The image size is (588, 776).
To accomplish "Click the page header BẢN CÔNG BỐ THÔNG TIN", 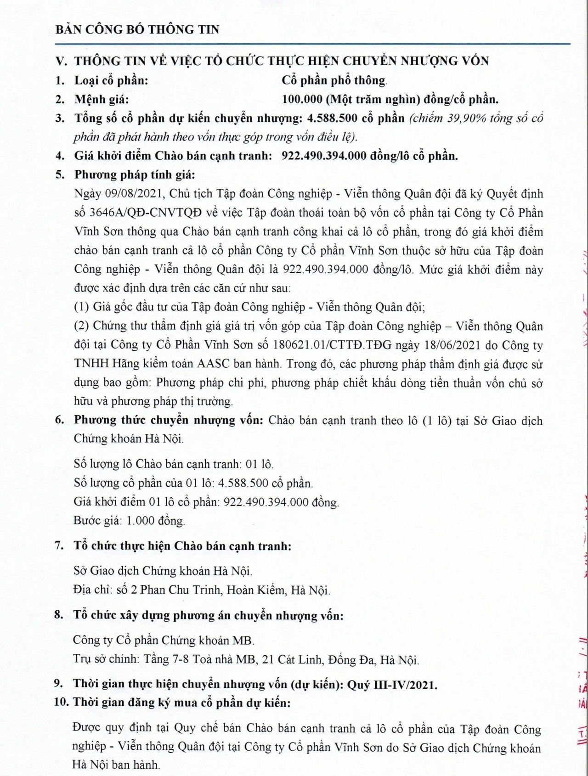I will click(x=137, y=30).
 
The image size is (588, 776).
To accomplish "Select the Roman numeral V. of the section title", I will click(x=62, y=61).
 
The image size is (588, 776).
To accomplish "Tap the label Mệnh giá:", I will click(x=102, y=99).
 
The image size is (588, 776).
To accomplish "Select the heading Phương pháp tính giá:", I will click(x=135, y=175).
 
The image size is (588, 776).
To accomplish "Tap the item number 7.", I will click(x=59, y=546).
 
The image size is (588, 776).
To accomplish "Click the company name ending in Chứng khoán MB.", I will click(x=164, y=640).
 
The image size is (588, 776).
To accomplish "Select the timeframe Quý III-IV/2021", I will click(x=392, y=684).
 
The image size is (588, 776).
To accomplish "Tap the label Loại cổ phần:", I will click(x=111, y=80).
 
